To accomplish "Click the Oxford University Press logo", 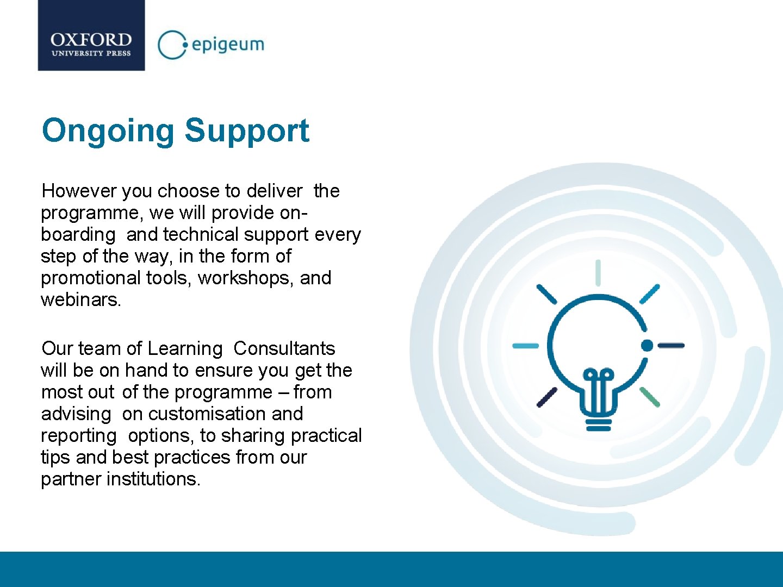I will (x=91, y=36).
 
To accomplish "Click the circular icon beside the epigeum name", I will (x=171, y=45).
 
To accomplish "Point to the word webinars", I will (x=80, y=299).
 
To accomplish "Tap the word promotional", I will (x=90, y=278).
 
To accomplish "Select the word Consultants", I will (x=284, y=348).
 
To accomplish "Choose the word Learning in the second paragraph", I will (x=185, y=348).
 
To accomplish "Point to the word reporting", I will (x=79, y=435).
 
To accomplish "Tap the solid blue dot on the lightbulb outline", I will (x=647, y=345).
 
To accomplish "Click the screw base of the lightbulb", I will (x=598, y=423).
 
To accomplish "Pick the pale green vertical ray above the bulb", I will (x=598, y=272).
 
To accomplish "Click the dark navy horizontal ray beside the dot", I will (x=671, y=345).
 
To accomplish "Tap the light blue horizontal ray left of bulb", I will (x=526, y=346).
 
